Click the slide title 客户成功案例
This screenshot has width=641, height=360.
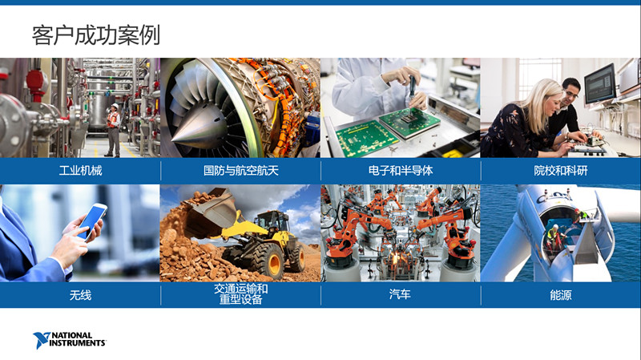[x=95, y=35]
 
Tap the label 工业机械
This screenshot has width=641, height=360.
[x=80, y=171]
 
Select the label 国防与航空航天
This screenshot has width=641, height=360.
[x=241, y=171]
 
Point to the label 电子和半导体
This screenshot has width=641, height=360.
[x=401, y=171]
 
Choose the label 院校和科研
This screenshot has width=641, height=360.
[x=560, y=171]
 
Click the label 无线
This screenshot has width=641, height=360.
[x=80, y=294]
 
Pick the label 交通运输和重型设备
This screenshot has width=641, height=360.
[x=241, y=294]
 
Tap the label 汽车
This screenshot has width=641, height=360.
[x=400, y=294]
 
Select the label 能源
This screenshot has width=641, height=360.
[x=560, y=294]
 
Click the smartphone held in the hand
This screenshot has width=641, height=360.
[x=92, y=221]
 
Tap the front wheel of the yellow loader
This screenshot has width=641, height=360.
[x=269, y=262]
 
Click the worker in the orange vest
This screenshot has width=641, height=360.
[x=113, y=130]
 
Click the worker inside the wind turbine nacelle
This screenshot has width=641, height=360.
[x=554, y=237]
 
